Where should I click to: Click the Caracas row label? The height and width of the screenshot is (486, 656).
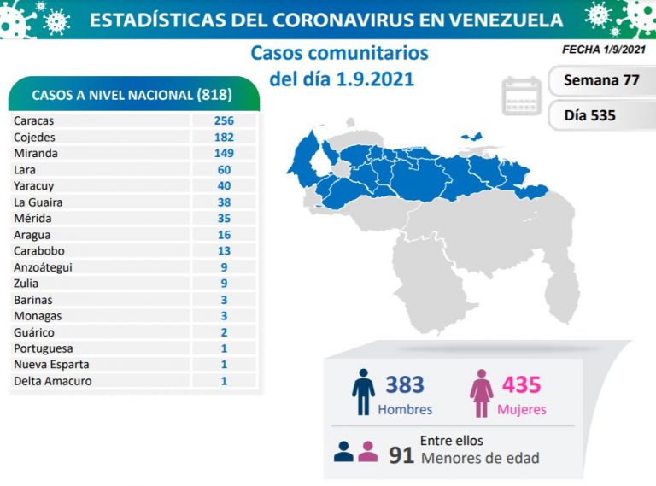click(34, 120)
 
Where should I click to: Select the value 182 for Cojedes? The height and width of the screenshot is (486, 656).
click(224, 137)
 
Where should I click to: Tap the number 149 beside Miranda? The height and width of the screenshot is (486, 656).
click(224, 153)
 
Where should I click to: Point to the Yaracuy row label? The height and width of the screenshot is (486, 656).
click(32, 185)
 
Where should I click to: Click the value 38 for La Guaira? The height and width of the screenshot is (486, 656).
click(224, 202)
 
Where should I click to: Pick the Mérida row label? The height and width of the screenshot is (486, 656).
click(32, 219)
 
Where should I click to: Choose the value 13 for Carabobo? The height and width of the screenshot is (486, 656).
click(224, 251)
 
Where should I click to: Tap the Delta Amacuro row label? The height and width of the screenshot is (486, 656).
click(52, 381)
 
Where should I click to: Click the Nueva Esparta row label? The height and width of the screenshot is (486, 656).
click(51, 365)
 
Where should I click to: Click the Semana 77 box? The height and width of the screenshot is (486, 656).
click(601, 81)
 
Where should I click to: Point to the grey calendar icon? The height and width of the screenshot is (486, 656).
click(522, 96)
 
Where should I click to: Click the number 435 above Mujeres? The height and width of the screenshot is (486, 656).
click(521, 384)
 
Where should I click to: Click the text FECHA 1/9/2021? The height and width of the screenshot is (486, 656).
click(604, 50)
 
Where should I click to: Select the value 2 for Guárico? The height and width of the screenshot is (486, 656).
click(224, 332)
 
